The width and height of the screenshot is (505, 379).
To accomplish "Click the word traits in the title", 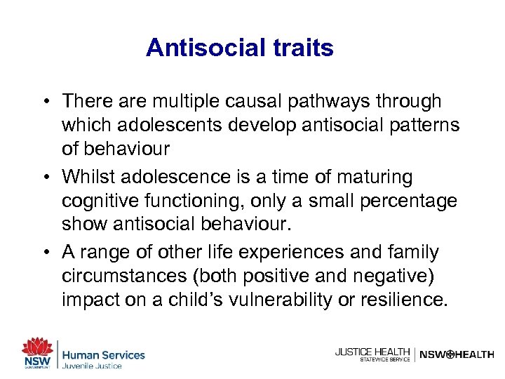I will point(299,48).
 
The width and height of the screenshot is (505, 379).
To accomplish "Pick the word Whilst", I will point(89,177).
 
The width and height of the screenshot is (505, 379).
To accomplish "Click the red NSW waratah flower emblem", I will point(36,347).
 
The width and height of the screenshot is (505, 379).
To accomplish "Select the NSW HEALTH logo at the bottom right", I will point(457,354).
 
